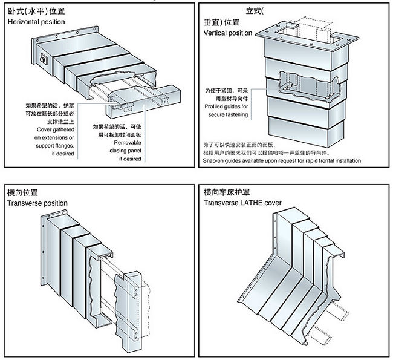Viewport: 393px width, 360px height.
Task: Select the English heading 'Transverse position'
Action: click(x=37, y=203)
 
